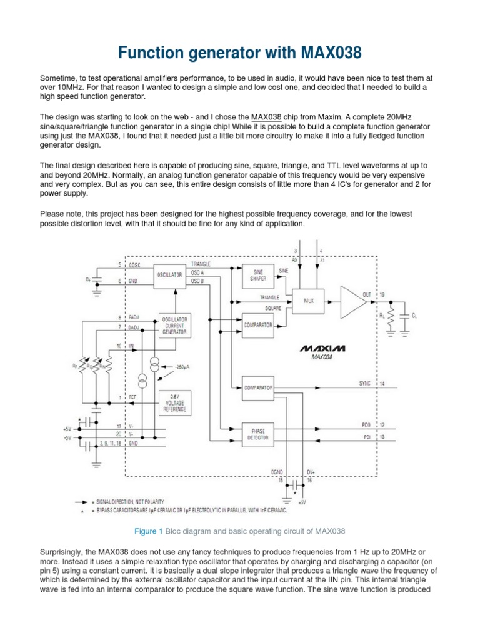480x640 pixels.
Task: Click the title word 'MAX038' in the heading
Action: [320, 53]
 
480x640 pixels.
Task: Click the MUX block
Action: [308, 300]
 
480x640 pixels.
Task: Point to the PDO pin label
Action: [366, 425]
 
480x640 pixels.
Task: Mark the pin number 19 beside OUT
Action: [382, 294]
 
